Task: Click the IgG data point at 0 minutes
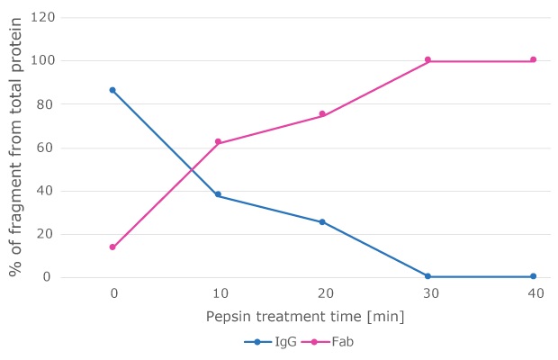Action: (x=112, y=90)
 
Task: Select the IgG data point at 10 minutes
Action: (x=218, y=194)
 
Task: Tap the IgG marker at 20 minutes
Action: (x=322, y=221)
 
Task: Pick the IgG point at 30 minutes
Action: (x=427, y=276)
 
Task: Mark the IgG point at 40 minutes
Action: (x=533, y=276)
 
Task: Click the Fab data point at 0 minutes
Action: (x=112, y=247)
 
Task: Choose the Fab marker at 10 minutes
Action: (x=218, y=141)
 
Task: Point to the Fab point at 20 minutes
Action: (x=322, y=114)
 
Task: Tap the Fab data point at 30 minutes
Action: (x=427, y=59)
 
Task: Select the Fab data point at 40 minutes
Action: (x=533, y=59)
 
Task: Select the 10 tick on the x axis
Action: (x=218, y=293)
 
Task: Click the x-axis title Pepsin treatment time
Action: (x=304, y=316)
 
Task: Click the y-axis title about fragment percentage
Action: (x=15, y=148)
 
